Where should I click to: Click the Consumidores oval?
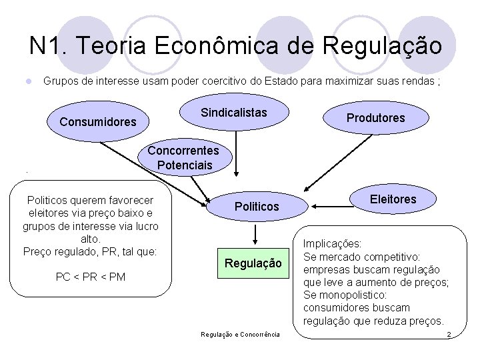pos(98,122)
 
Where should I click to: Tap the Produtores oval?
pos(375,118)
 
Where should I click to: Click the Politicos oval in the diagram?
pos(257,207)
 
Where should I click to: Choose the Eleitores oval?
pos(393,199)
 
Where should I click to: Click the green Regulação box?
pos(253,264)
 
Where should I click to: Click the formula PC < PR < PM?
pos(91,277)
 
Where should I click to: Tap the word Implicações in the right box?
pos(333,244)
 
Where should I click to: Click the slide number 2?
pos(449,333)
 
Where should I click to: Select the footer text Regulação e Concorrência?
pos(241,333)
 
